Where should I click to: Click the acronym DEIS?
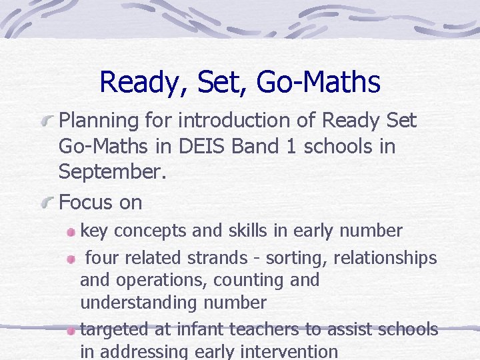(198, 146)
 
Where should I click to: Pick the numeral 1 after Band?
(290, 146)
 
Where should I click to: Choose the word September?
(111, 171)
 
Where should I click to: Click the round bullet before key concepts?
(71, 232)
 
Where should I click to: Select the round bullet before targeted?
(71, 330)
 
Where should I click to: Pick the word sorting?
(297, 257)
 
